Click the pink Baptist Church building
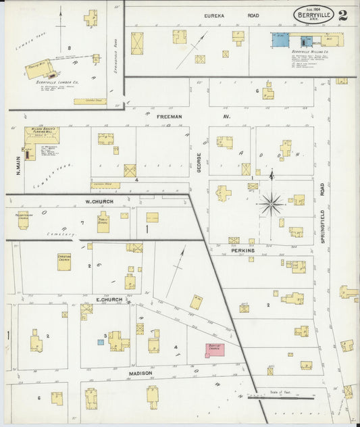point(216,351)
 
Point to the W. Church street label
point(99,201)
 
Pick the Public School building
point(103,222)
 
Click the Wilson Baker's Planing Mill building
point(42,135)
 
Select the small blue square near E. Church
point(101,342)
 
